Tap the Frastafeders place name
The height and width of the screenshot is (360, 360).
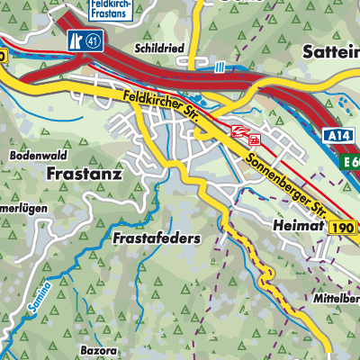(156, 239)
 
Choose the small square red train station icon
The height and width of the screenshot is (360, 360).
(255, 140)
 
